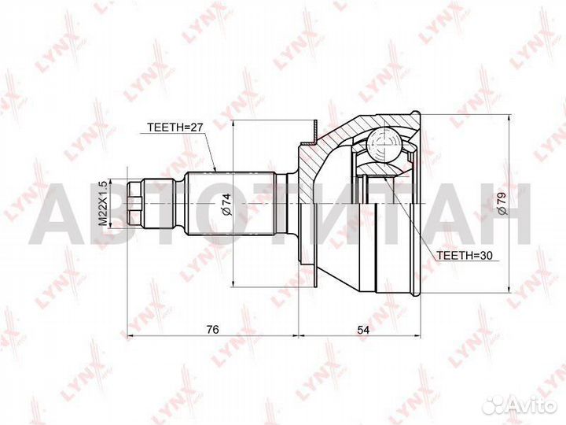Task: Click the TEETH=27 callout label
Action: pos(175,126)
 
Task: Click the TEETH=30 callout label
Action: pos(465,256)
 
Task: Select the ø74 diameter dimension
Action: pos(226,206)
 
